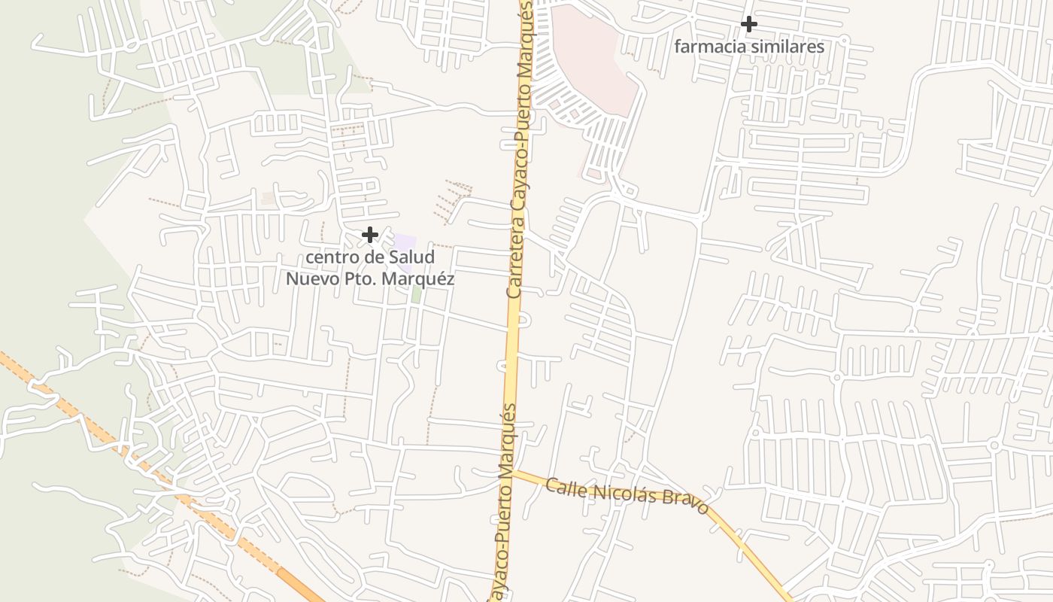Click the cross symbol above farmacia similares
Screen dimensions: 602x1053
tap(748, 24)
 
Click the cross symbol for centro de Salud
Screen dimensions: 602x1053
tap(369, 235)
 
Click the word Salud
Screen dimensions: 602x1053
tap(411, 257)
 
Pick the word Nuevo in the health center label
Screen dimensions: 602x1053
tap(309, 278)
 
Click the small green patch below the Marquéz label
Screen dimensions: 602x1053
tap(416, 293)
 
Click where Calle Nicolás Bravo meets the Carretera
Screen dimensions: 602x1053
tap(514, 473)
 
